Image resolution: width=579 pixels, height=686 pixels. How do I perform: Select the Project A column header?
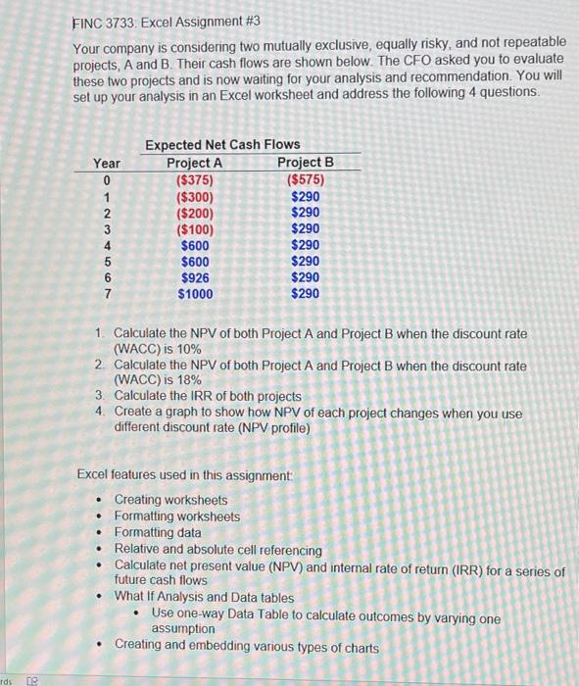(194, 163)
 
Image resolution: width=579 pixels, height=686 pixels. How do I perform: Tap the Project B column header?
(305, 162)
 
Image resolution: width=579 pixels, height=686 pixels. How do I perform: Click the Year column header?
(107, 163)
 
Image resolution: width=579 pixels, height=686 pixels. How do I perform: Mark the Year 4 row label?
(106, 245)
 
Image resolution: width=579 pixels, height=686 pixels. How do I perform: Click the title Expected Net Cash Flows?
(223, 145)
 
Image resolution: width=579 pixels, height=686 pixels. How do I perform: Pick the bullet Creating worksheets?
(170, 500)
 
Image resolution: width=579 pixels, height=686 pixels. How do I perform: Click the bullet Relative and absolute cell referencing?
(217, 550)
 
